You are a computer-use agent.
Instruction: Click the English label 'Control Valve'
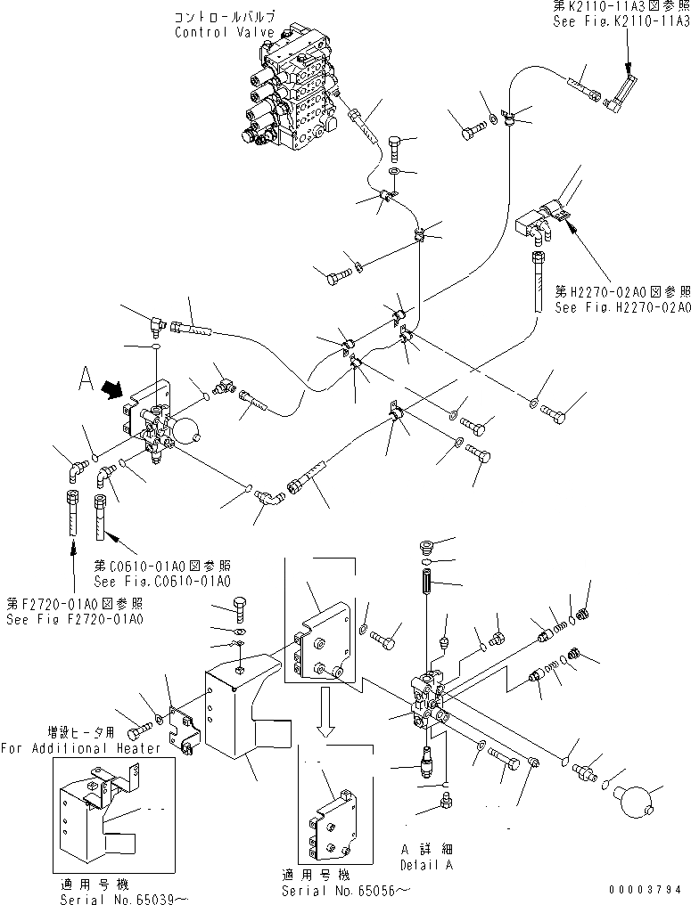click(212, 33)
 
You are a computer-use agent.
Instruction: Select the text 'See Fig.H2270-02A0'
click(622, 308)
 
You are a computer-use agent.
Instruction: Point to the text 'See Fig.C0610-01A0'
click(162, 581)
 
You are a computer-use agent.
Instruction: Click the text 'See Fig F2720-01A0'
click(75, 619)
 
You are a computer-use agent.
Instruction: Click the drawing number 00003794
click(646, 889)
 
